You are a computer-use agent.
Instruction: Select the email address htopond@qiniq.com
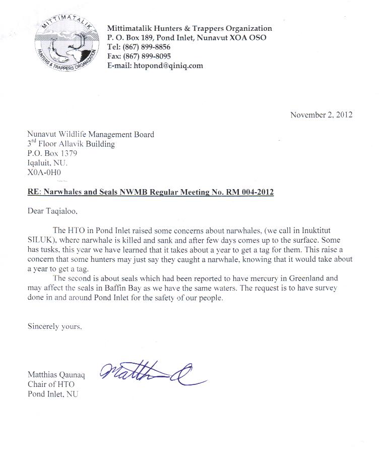click(167, 66)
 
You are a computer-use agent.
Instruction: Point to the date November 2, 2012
click(321, 115)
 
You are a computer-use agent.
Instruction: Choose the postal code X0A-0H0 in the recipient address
click(44, 173)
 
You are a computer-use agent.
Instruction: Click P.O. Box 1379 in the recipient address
click(52, 153)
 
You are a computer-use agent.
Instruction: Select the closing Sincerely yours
click(54, 326)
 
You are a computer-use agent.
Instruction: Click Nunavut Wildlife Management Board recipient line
click(91, 134)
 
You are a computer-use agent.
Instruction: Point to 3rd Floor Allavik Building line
click(71, 144)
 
